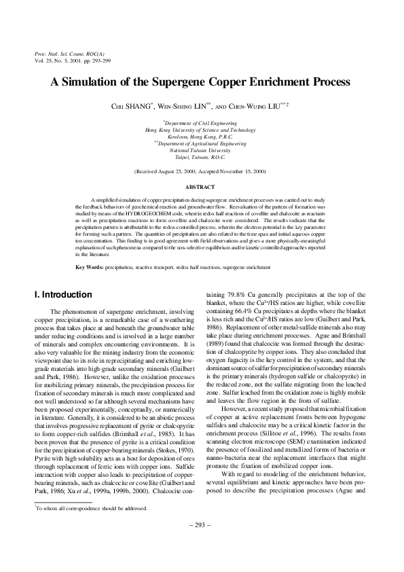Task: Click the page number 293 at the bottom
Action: tap(202, 525)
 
